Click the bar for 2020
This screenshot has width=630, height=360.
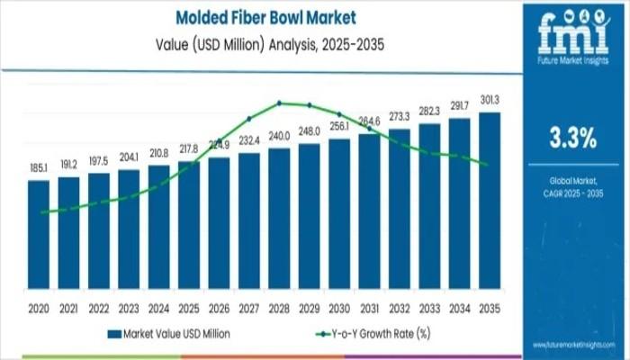[x=39, y=236]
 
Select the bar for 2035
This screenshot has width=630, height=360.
[x=490, y=202]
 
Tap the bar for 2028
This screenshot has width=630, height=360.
[x=279, y=220]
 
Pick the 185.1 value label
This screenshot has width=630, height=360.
[x=39, y=167]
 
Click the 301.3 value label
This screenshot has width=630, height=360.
[x=490, y=100]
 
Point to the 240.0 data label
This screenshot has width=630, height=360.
[x=279, y=135]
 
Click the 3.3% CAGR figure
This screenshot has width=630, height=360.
[x=572, y=138]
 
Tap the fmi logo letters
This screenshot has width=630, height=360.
[x=572, y=34]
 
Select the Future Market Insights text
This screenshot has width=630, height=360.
[x=572, y=65]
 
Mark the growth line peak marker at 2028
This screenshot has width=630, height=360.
[x=279, y=103]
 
